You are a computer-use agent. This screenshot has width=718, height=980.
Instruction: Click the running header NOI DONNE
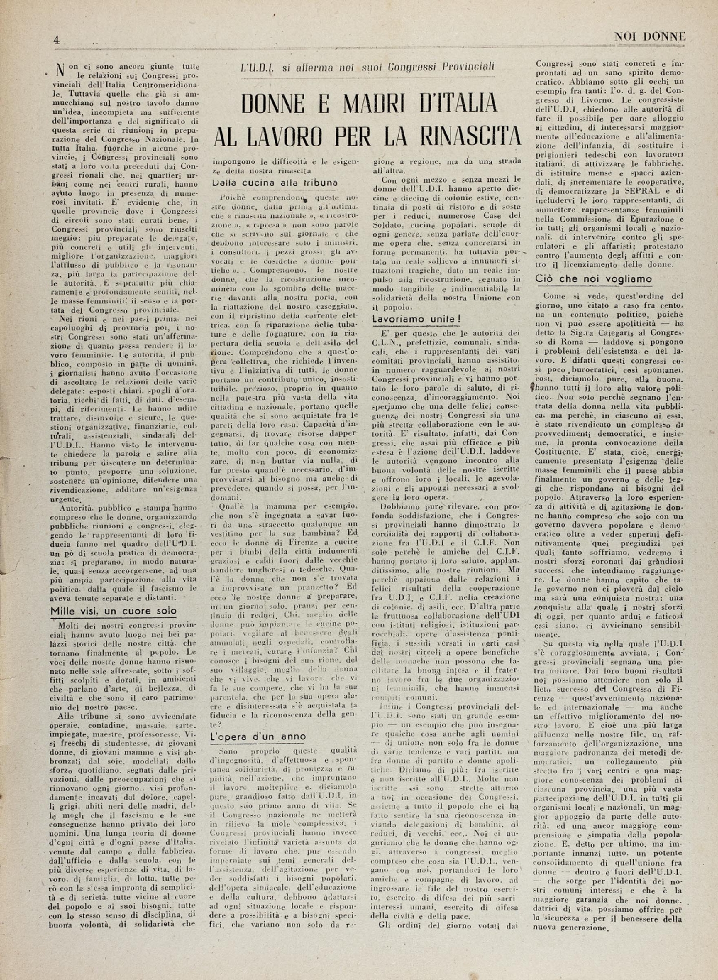(x=649, y=36)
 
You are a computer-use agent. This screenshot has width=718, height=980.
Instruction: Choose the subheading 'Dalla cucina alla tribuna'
(x=275, y=182)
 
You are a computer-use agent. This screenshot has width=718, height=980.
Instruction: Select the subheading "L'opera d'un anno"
(x=258, y=736)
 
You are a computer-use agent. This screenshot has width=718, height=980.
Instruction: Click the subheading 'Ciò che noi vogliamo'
(x=594, y=279)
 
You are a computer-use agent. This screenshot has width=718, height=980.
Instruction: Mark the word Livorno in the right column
(x=581, y=99)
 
